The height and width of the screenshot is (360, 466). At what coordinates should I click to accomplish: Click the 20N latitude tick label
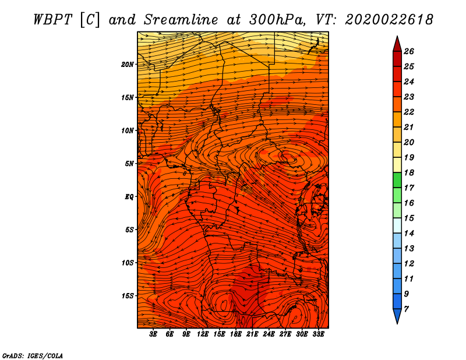coord(127,64)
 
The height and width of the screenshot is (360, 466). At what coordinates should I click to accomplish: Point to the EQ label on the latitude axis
coord(129,196)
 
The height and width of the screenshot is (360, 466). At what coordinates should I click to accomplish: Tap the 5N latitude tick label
coord(129,164)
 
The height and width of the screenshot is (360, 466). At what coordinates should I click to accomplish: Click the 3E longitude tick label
coord(153,334)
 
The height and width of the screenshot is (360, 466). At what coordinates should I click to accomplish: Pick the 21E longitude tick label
coord(252,334)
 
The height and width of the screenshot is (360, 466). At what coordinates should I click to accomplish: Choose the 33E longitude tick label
coord(318,334)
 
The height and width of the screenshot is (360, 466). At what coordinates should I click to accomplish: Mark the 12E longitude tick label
coord(202,334)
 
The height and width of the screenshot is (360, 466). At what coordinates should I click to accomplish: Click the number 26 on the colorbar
coord(409,51)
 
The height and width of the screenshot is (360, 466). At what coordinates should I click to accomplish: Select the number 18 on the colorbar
coord(409,172)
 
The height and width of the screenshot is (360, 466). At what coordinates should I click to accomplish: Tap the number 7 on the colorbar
coord(406,309)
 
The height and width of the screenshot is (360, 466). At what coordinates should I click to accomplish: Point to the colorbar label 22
coord(409,112)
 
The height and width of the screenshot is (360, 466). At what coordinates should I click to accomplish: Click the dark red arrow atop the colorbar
coord(397,44)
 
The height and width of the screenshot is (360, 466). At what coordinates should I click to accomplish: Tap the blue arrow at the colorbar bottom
coord(397,316)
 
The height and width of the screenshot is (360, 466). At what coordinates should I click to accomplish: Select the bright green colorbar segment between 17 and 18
coord(397,180)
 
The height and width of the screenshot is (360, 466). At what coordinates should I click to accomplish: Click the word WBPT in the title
coord(53,20)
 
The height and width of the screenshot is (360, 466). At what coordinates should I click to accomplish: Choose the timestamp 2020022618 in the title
coord(389,20)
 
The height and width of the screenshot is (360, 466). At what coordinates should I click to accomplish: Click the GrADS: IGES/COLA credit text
coord(33,355)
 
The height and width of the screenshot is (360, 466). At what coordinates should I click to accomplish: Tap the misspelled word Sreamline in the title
coord(181,20)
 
